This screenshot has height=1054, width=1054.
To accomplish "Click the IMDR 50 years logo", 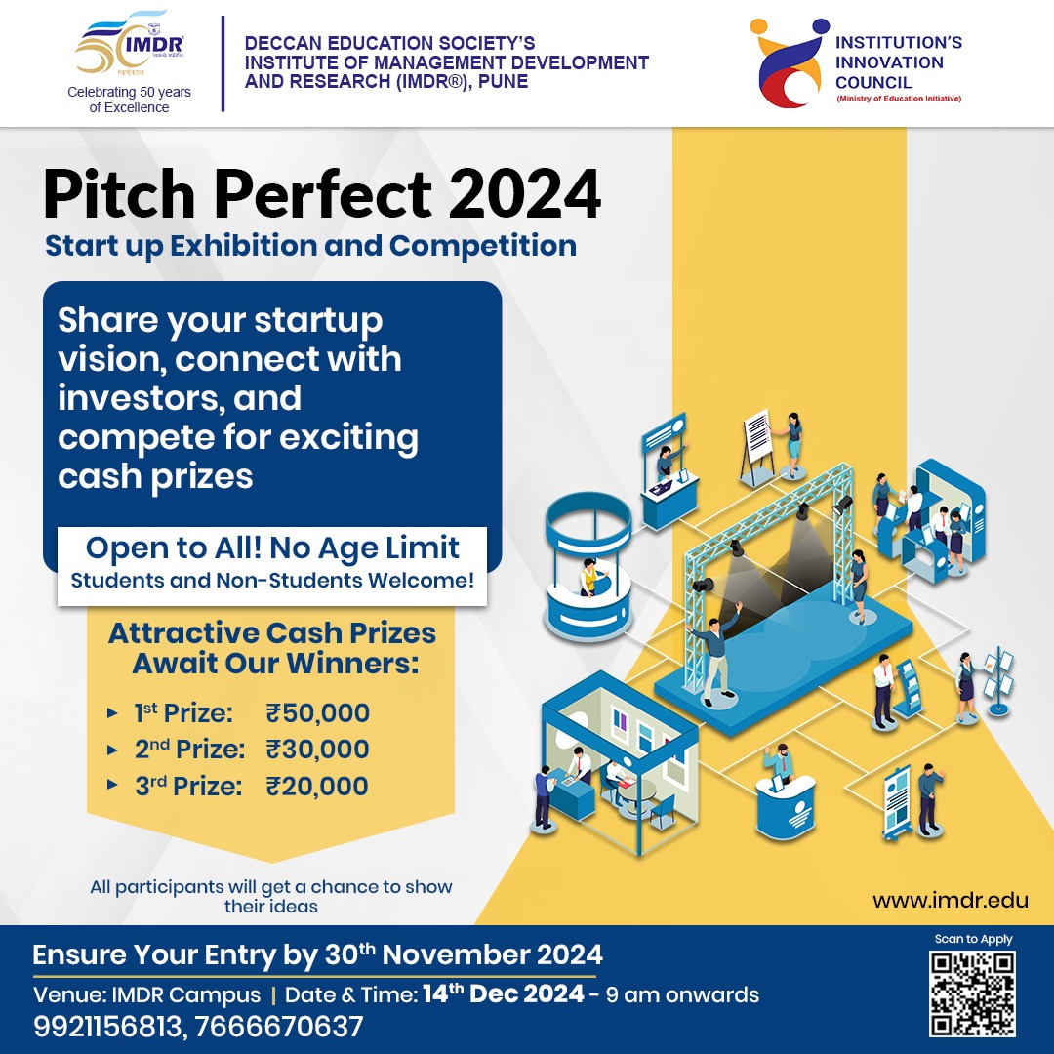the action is [130, 44].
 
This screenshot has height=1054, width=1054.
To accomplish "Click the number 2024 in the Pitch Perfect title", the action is [524, 195].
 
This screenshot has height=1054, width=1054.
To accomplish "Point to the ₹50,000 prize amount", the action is [318, 713].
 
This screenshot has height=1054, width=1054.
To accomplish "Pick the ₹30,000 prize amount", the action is [318, 750].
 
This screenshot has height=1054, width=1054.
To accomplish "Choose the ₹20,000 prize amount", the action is [318, 787].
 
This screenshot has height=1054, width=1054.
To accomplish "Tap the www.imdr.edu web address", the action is [951, 900].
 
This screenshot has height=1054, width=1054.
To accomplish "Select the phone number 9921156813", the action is [107, 1027].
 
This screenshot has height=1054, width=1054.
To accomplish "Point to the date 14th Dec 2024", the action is [503, 993].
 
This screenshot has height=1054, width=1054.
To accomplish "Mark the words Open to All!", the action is [174, 547].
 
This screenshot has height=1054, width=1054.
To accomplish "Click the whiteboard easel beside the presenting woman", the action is [757, 445].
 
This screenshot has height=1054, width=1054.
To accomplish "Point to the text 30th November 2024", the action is [464, 954].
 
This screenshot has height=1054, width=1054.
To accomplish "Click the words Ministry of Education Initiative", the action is [899, 99].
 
